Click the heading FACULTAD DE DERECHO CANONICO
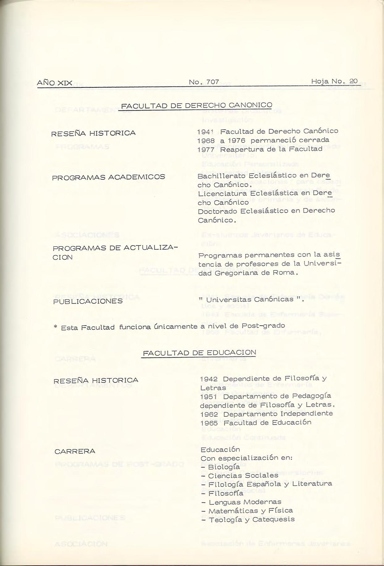197,105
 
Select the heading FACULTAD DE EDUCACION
199,353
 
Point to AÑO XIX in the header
54,83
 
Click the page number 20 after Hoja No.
353,81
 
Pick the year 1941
206,132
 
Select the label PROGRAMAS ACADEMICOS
109,177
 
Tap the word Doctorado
218,211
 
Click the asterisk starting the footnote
56,327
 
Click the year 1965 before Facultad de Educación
209,423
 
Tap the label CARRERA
75,452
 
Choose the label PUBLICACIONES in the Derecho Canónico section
88,301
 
